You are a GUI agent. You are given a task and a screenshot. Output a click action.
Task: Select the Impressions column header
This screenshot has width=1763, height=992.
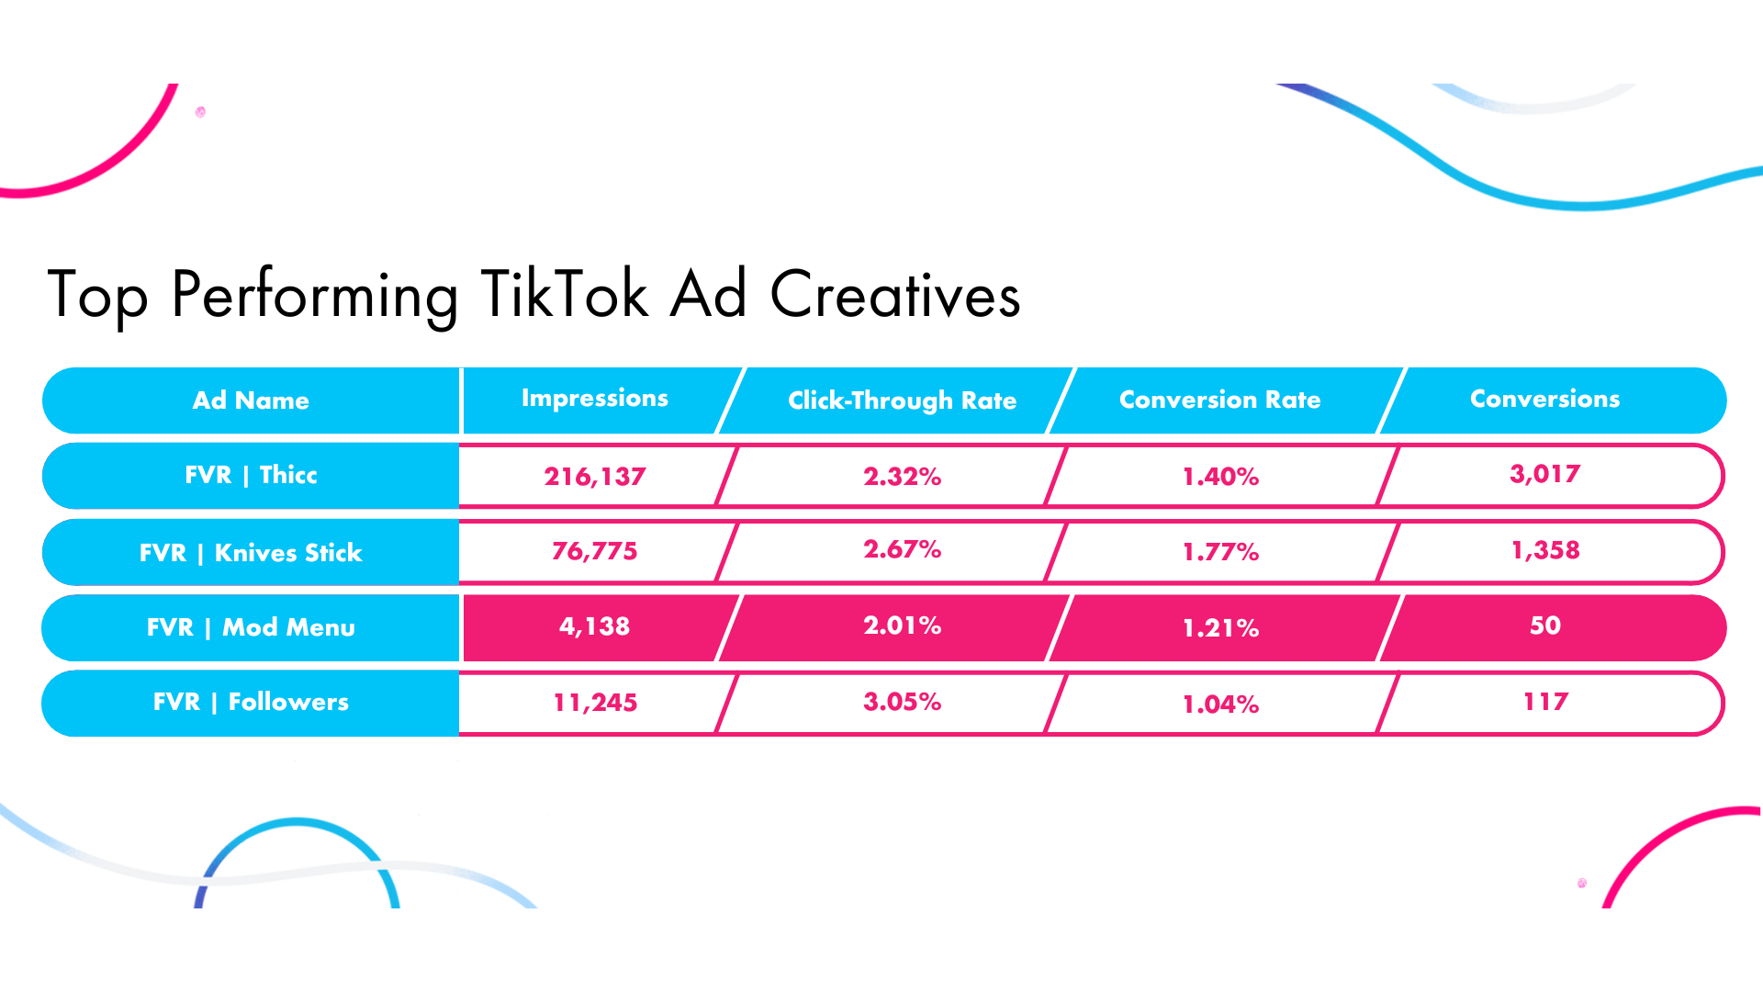(594, 399)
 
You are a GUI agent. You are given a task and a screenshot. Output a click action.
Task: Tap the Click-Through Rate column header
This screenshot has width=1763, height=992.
(902, 400)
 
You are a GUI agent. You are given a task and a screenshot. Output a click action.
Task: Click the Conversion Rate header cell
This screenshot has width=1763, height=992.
(1219, 400)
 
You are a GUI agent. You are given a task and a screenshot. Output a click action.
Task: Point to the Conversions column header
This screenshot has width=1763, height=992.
(1544, 399)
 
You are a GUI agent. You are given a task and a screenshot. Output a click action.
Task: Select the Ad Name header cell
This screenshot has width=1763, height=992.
(251, 400)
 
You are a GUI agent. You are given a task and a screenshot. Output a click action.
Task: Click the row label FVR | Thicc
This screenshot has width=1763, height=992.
(251, 475)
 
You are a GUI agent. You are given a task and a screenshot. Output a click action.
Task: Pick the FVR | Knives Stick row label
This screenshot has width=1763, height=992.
(251, 552)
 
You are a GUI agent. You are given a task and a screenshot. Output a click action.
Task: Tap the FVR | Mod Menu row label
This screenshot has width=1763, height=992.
(251, 627)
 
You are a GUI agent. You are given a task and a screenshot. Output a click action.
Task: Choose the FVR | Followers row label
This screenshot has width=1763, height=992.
(251, 702)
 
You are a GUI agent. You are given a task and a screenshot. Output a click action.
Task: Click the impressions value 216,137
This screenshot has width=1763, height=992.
(594, 476)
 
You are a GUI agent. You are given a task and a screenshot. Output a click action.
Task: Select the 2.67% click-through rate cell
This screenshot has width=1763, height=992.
(902, 549)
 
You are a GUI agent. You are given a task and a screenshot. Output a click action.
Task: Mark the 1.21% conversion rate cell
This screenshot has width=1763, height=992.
(1219, 628)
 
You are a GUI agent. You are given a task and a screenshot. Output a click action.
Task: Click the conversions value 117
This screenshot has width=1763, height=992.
(1544, 702)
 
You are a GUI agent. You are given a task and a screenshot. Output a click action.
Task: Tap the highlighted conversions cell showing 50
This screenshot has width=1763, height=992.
(1544, 626)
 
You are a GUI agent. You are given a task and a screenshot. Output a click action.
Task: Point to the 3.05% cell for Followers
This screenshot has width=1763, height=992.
(902, 702)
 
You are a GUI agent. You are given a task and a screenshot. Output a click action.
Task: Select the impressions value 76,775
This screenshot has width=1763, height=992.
(594, 551)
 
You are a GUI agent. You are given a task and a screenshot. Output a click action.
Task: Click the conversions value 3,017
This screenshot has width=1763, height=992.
(1544, 474)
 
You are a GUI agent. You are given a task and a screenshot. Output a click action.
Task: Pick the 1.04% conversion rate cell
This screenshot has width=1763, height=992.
(1219, 705)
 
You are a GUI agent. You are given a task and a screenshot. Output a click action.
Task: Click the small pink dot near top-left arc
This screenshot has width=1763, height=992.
(200, 112)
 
